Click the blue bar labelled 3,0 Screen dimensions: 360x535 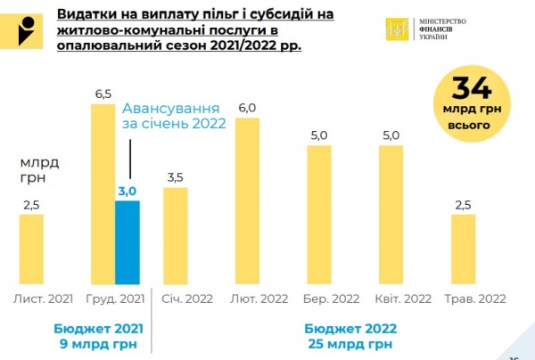click(128, 241)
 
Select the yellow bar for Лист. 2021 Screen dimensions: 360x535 click(31, 249)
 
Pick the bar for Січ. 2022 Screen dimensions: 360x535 click(175, 237)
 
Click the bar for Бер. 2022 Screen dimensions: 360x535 click(320, 215)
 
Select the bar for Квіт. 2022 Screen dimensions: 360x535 click(391, 215)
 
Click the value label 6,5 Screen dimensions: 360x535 click(102, 93)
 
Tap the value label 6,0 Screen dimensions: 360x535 click(246, 109)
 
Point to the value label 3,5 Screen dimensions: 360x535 click(175, 178)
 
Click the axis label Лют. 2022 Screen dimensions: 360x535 click(259, 299)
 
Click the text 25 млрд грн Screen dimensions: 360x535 click(349, 343)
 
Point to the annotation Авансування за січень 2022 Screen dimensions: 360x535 click(174, 112)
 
